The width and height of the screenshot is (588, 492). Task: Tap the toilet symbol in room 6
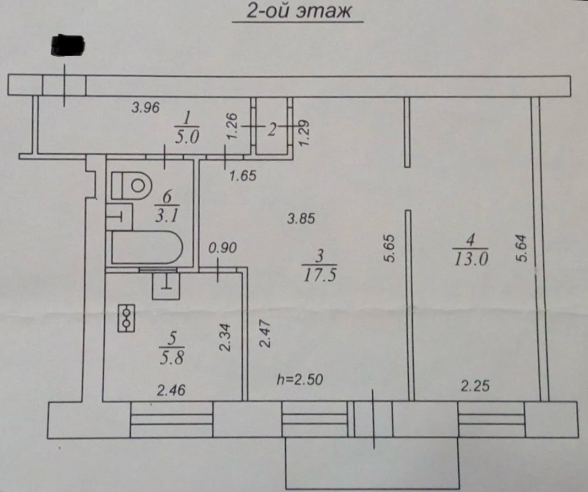coord(131,185)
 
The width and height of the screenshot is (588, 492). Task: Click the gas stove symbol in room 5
coord(126,319)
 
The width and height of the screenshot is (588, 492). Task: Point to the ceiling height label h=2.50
coord(300,379)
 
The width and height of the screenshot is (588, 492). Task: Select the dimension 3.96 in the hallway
coord(145,108)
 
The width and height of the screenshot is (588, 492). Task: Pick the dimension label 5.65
coord(389,249)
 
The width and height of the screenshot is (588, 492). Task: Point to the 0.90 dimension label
coord(222,248)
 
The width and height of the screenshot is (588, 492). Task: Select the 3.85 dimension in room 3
coord(301,218)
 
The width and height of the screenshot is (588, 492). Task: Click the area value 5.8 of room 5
coord(170,357)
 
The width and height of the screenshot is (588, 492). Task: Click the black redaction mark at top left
coord(67,45)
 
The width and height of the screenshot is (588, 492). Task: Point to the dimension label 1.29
coord(303,133)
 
